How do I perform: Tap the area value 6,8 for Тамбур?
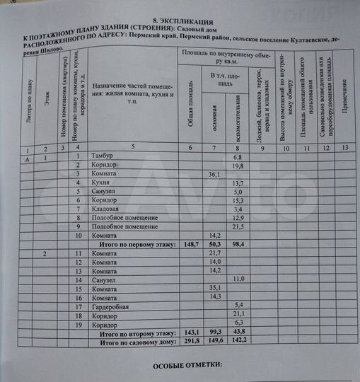[238, 156]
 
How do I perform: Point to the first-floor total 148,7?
[190, 244]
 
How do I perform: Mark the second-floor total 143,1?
[190, 332]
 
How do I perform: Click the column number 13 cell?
[344, 148]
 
